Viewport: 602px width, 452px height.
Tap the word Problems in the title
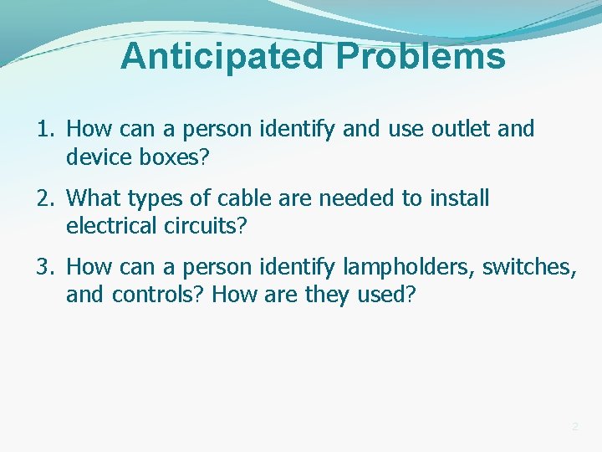pyautogui.click(x=421, y=57)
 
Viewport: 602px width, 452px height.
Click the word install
pyautogui.click(x=460, y=199)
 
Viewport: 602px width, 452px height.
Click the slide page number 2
pyautogui.click(x=574, y=427)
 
